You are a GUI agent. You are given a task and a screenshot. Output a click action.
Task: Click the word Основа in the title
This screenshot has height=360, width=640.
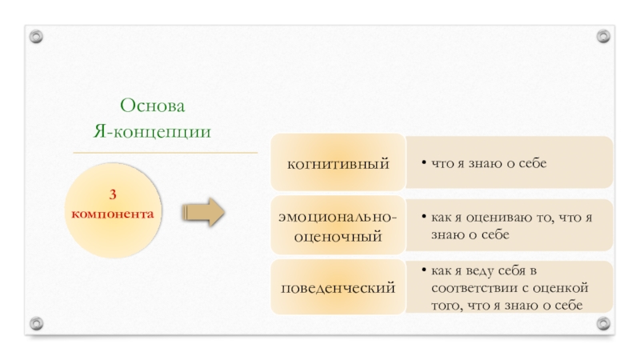pos(152,106)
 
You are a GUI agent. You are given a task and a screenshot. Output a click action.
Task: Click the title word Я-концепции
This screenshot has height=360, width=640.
pos(152,130)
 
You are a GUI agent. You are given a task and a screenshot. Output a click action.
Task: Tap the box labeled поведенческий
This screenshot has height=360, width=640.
pos(338,286)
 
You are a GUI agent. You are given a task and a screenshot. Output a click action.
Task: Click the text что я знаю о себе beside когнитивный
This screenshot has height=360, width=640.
pos(489,164)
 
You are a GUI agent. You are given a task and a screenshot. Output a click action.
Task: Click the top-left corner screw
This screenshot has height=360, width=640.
pos(37,37)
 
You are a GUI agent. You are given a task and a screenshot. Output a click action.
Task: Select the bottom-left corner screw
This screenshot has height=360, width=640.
pos(37,323)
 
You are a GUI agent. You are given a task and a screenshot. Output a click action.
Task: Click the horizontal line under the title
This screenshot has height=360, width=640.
pos(166,152)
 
